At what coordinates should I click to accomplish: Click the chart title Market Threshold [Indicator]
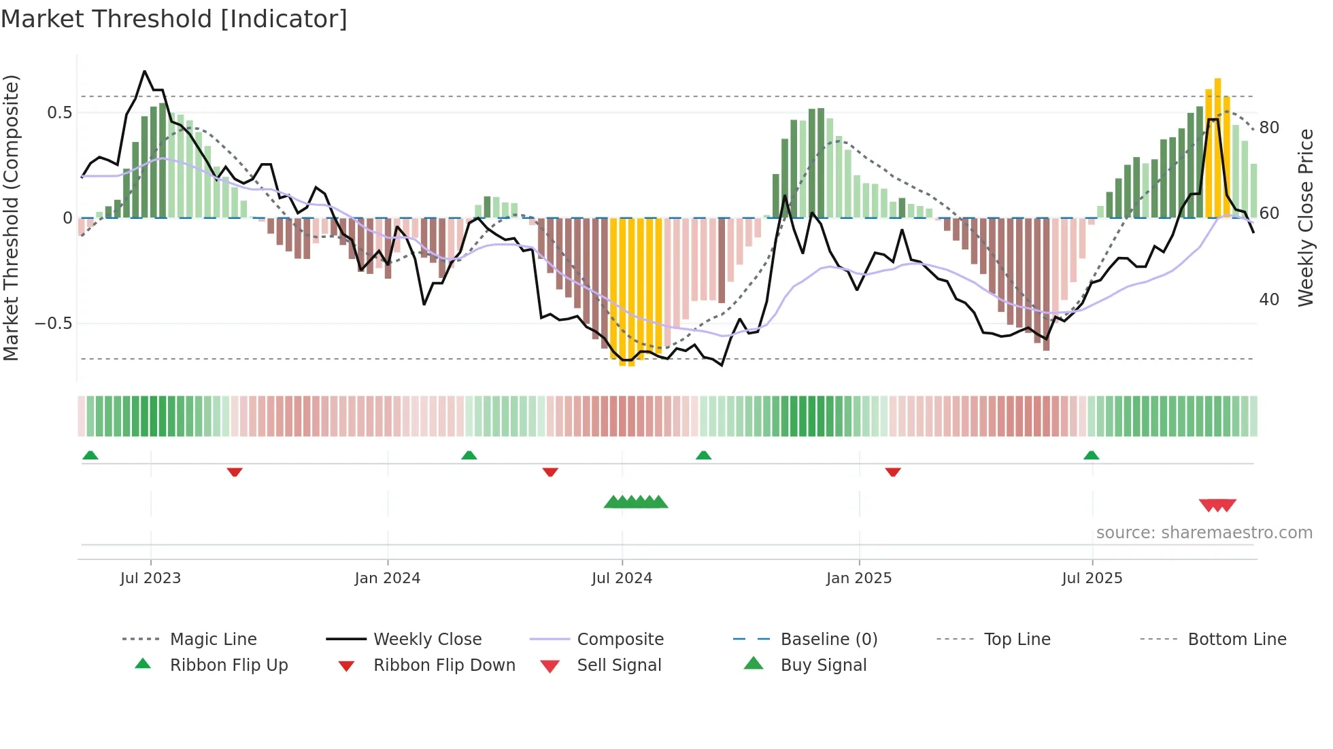[x=174, y=19]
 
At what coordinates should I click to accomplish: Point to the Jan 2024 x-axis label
[x=388, y=578]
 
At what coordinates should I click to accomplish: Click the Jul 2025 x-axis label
[x=1092, y=578]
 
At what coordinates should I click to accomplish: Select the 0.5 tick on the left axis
[x=60, y=113]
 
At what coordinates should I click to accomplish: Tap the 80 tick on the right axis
[x=1269, y=128]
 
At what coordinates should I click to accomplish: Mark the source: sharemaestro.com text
[x=1204, y=532]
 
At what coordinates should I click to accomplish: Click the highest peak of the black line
[x=144, y=71]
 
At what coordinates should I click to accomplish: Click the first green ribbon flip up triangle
[x=90, y=455]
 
